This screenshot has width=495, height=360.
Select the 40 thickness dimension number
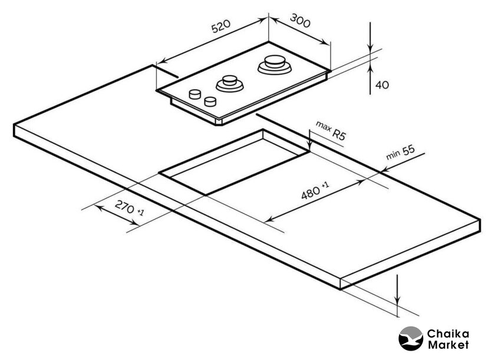coord(382,85)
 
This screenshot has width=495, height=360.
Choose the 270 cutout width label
coord(128,208)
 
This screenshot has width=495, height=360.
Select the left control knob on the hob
coord(194,94)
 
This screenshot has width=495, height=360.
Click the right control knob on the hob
coord(209,101)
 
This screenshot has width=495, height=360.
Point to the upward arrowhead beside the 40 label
coord(370,70)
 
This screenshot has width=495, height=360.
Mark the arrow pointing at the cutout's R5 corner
coord(309,145)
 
